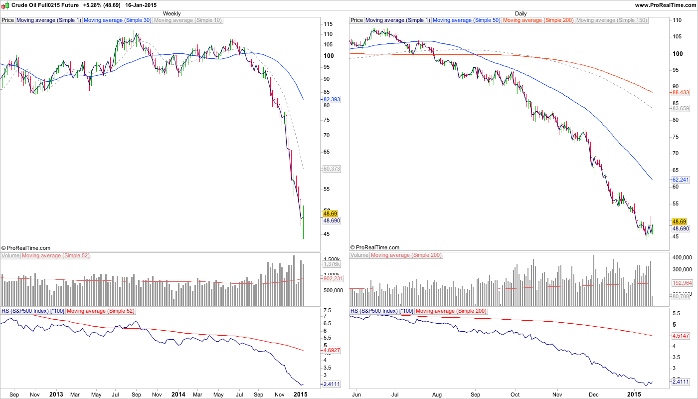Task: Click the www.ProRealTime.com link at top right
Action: [665, 5]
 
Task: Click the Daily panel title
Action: [521, 13]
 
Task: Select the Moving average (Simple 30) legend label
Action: [118, 20]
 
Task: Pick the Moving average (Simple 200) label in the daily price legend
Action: [538, 20]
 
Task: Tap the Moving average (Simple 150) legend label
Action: [611, 20]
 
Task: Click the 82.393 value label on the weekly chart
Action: [332, 100]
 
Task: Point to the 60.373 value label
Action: [332, 169]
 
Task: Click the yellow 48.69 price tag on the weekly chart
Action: [331, 213]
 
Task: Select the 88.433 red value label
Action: [681, 92]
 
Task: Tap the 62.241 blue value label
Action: [681, 180]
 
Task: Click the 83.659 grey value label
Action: [681, 108]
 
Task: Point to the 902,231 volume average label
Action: [332, 279]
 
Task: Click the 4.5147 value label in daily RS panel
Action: [681, 336]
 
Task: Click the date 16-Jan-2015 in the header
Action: [141, 5]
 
